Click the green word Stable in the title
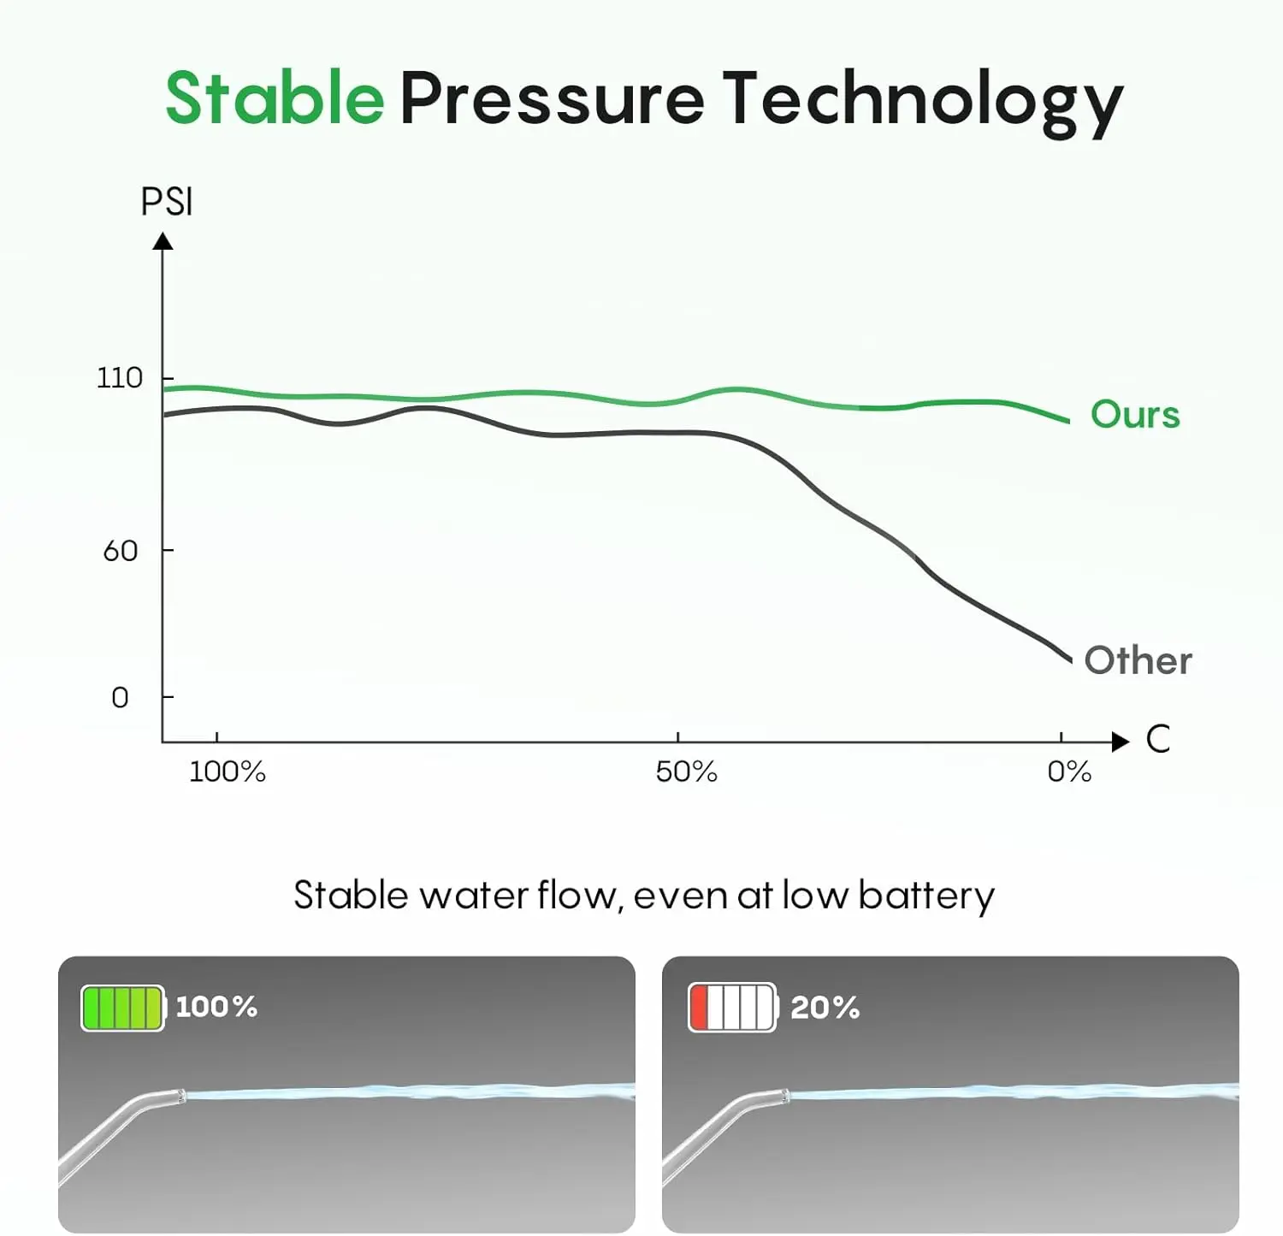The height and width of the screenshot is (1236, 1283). click(275, 98)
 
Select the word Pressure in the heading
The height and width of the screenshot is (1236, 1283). click(552, 98)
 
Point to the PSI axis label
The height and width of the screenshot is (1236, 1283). click(167, 203)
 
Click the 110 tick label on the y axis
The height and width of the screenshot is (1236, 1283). click(119, 378)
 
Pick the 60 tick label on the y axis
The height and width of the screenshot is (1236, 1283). click(120, 551)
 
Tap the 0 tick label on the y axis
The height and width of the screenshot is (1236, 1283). click(120, 698)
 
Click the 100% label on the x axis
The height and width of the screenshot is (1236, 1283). click(227, 772)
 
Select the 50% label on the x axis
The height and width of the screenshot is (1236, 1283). click(686, 772)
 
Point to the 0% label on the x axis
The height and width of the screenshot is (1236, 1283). click(1069, 772)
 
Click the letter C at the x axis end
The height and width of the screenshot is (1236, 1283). click(1157, 739)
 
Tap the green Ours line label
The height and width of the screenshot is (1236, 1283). click(1135, 415)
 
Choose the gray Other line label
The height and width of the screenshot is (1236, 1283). click(1138, 660)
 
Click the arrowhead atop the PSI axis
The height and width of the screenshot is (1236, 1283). click(163, 242)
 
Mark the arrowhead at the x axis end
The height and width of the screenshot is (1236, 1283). click(1120, 742)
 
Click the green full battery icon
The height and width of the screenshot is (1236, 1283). click(122, 1008)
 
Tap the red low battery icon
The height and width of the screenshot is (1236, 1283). click(732, 1008)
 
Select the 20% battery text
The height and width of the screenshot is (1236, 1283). click(825, 1008)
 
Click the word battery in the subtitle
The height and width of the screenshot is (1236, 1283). click(926, 896)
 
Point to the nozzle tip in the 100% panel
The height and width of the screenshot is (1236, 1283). click(180, 1095)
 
